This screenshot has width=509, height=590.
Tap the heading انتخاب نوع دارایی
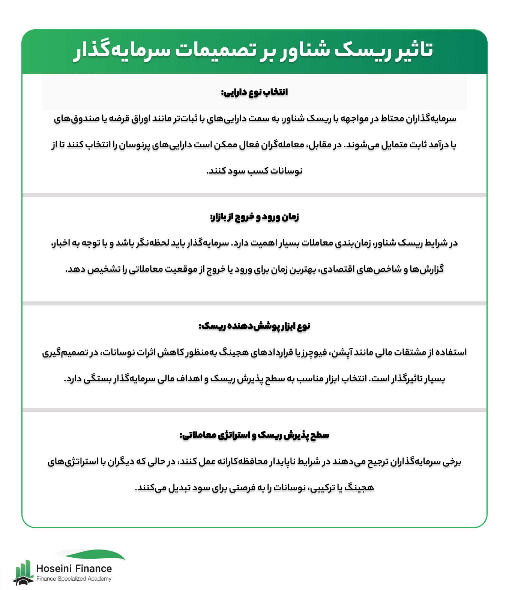[254, 92]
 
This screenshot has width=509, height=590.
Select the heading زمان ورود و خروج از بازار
[254, 217]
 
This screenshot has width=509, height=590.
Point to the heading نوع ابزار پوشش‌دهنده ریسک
[254, 326]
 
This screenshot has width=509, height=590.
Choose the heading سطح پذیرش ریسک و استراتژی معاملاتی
[254, 435]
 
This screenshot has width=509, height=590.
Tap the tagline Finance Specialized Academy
[74, 579]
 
